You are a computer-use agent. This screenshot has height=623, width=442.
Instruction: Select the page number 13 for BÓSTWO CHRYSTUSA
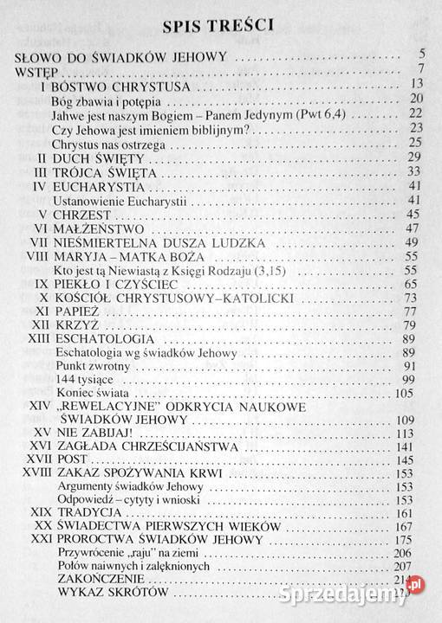pos(416,84)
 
